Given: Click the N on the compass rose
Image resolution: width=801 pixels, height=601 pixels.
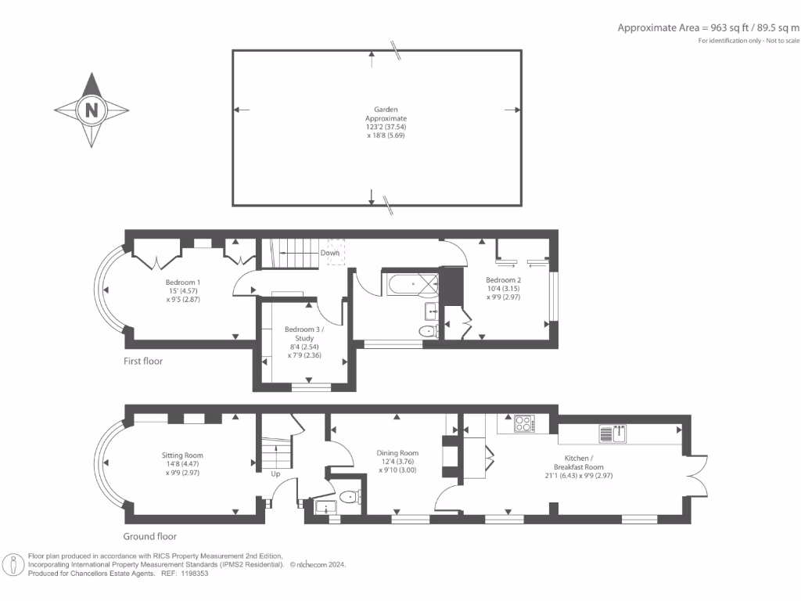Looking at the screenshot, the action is (92, 110).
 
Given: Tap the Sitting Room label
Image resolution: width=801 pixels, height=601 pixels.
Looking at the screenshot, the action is (182, 455).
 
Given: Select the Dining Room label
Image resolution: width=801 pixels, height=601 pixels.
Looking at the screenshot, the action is (397, 453).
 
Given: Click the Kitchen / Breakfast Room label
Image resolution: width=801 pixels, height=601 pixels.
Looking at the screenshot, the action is (579, 462).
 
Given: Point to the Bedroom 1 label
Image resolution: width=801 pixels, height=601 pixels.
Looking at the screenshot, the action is (183, 282).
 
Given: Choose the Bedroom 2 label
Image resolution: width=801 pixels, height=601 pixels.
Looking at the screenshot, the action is (503, 280).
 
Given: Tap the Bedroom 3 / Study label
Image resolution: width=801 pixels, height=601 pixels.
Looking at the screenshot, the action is (304, 333).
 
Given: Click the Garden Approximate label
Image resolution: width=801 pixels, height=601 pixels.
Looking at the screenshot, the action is (386, 113).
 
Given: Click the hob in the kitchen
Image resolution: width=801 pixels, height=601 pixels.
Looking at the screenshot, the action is (523, 423).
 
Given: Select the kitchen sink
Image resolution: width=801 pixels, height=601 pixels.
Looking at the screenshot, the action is (612, 434).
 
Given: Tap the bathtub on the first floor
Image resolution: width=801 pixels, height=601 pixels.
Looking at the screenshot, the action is (410, 283).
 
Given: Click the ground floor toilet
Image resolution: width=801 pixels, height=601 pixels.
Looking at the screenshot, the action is (350, 496).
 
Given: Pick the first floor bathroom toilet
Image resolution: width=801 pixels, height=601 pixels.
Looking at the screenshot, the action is (429, 331).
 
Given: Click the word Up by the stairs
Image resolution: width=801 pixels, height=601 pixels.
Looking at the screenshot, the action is (275, 473).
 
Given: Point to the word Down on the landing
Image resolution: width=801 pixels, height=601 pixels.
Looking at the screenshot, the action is (330, 253).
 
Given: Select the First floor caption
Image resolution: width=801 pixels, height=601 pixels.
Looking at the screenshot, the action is (143, 361).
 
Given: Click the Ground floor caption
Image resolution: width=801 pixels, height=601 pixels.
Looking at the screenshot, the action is (149, 536).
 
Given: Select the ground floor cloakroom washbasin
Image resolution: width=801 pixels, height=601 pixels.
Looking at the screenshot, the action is (324, 507).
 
